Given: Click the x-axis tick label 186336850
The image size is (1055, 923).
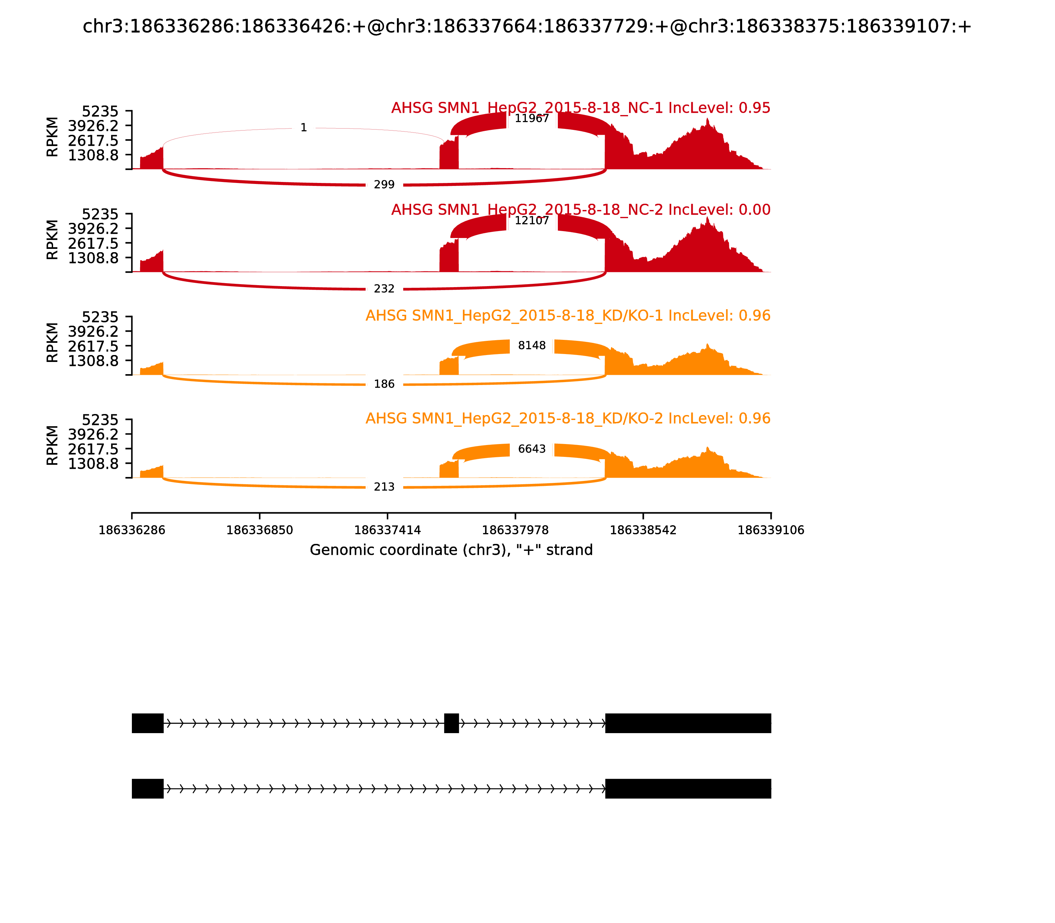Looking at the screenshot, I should point(260,530).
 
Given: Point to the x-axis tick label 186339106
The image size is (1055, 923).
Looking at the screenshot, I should point(771,530).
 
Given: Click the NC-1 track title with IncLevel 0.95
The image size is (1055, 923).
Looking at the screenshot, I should point(581,108).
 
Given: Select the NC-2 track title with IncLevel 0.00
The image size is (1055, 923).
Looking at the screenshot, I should point(581,210).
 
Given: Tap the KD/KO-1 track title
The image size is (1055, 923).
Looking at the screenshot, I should point(568,316).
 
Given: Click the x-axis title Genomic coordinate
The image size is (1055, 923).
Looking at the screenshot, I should point(451,550).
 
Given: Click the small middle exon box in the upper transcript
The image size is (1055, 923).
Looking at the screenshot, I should point(451,723).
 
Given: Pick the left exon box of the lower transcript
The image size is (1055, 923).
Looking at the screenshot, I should point(148,789).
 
